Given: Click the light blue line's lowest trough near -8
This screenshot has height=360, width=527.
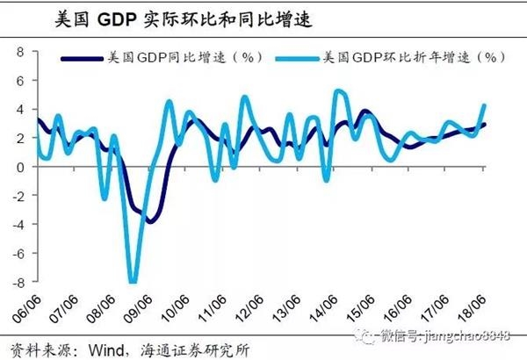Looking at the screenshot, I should tap(133, 281).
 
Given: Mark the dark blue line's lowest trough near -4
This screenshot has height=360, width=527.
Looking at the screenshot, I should tap(149, 221).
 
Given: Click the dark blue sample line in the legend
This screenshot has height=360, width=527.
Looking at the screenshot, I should tap(81, 58).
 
